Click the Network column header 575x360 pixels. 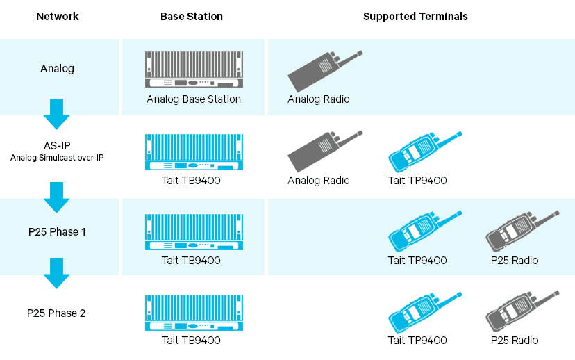point(57,17)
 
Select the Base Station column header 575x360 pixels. point(192,17)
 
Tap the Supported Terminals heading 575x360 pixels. point(415,17)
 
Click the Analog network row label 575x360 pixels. point(57,69)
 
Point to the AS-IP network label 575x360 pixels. point(57,146)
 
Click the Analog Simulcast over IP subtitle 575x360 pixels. point(57,158)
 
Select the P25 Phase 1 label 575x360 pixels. point(57,232)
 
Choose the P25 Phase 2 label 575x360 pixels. point(56,313)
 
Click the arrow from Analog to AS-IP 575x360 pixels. point(56,114)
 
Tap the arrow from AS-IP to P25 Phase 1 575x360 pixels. point(56,197)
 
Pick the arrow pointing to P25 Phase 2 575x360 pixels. point(56,273)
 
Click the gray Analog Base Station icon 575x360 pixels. point(194,69)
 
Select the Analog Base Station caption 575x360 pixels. point(194,99)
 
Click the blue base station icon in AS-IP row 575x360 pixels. point(194,152)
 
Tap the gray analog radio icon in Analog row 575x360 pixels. point(325,72)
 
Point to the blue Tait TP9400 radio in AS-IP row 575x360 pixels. point(424,152)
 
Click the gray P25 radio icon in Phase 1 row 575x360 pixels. point(522,232)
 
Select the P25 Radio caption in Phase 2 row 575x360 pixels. point(515,340)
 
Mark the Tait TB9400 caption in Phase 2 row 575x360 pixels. point(191,340)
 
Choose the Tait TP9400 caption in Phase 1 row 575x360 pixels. point(417,260)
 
